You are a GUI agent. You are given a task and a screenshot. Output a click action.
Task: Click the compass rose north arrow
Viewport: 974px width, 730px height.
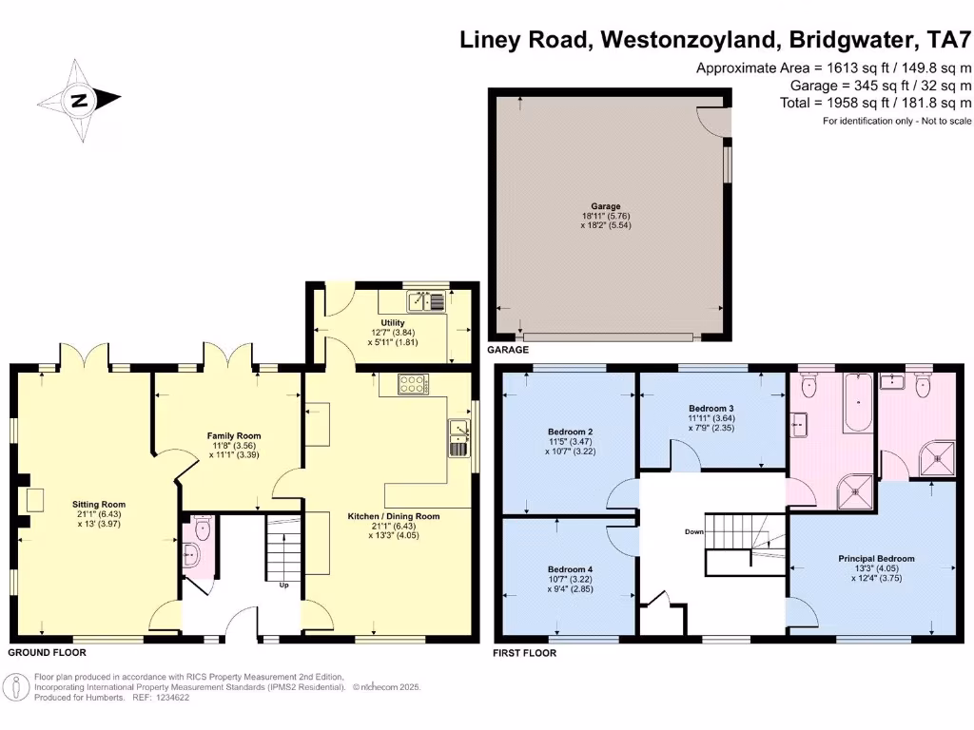[x=80, y=98]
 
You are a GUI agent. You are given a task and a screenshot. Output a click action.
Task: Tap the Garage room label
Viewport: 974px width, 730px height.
[x=605, y=206]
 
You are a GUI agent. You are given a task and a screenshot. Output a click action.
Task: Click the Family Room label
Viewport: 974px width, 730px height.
[x=234, y=435]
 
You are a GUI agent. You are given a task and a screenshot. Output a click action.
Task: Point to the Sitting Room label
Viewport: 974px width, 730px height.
[x=99, y=505]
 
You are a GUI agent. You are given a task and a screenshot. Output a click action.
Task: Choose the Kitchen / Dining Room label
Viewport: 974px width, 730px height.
[x=393, y=516]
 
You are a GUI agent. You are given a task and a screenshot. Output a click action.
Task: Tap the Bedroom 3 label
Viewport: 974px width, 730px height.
[x=711, y=408]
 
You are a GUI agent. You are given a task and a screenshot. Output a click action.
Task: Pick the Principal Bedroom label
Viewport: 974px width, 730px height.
[x=876, y=558]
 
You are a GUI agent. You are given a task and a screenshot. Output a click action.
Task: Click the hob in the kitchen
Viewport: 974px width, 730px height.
[x=414, y=384]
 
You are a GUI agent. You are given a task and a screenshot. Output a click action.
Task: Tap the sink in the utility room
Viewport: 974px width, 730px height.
[x=419, y=302]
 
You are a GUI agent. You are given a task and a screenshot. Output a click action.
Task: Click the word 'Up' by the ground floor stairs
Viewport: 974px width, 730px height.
[x=283, y=585]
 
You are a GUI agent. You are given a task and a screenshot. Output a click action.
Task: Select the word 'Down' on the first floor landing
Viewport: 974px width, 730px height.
[x=693, y=531]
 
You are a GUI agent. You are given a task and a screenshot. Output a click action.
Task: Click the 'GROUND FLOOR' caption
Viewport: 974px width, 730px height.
[x=47, y=653]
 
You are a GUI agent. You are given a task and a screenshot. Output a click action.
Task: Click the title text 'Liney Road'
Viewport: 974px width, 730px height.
[x=519, y=40]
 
